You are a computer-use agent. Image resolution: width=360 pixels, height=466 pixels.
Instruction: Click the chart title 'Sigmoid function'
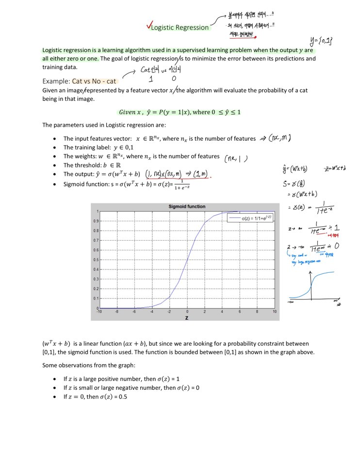[187, 206]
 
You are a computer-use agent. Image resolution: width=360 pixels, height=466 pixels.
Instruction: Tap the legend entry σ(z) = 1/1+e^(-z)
[252, 218]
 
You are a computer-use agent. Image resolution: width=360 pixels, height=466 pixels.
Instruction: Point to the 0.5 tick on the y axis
[97, 260]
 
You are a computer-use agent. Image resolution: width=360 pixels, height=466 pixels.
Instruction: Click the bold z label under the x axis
[186, 317]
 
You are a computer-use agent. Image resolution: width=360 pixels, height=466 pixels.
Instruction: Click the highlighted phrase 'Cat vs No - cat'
[94, 81]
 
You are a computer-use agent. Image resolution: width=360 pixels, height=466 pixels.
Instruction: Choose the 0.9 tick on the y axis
[97, 221]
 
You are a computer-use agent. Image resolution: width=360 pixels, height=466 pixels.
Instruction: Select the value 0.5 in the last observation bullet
[121, 397]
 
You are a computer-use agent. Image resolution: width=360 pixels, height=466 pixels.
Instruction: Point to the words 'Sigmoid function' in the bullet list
[85, 184]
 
